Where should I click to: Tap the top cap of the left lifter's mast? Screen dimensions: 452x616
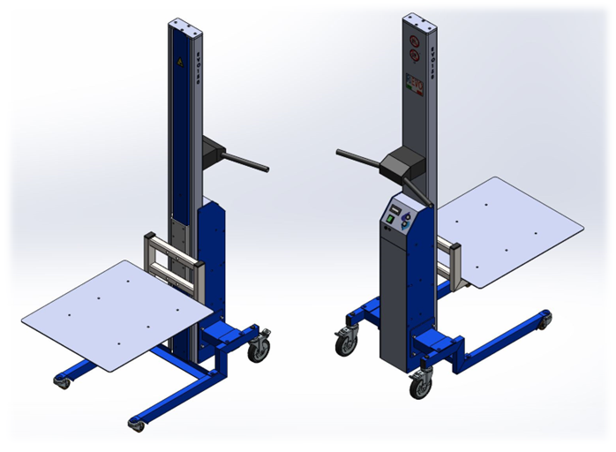tap(185, 26)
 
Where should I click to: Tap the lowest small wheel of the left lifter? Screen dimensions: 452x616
tap(137, 425)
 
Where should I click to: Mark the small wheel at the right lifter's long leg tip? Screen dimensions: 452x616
tap(545, 319)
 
